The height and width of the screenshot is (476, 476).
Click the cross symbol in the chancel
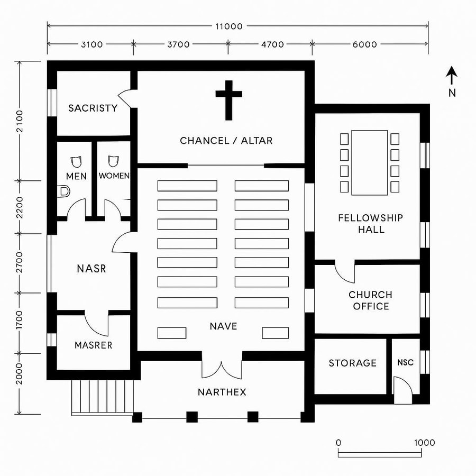[x=228, y=99]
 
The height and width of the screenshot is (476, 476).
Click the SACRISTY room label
[x=93, y=108]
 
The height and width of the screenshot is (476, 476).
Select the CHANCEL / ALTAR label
[x=226, y=141]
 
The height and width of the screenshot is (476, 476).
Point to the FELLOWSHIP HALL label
[x=370, y=224]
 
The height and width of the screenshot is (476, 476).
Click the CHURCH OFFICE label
[x=370, y=300]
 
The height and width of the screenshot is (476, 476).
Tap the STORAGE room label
[x=352, y=363]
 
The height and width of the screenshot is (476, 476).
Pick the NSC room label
[x=405, y=363]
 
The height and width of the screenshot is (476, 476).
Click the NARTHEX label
[x=222, y=392]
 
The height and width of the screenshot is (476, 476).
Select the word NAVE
[x=223, y=326]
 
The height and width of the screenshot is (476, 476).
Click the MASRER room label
[x=93, y=345]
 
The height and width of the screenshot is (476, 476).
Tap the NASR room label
[x=91, y=269]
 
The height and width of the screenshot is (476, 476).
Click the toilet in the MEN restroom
[x=65, y=191]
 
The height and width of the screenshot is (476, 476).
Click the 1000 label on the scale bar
[x=424, y=443]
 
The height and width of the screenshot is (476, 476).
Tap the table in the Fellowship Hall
[x=369, y=162]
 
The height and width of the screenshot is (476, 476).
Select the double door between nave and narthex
[x=222, y=369]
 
